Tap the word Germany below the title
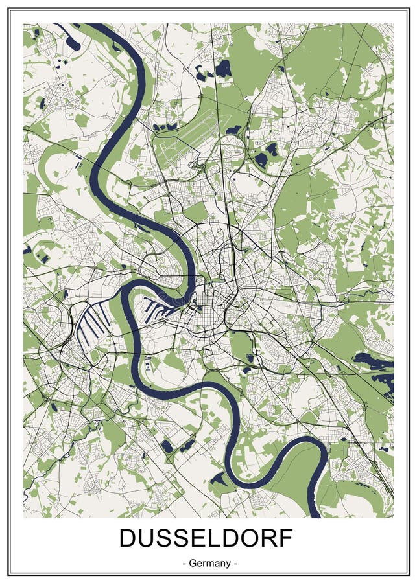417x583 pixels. coord(208,563)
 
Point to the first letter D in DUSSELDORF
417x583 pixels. coord(128,539)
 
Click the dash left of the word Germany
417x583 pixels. coord(185,563)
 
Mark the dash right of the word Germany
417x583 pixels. coord(235,563)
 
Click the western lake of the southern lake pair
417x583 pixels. coord(167,446)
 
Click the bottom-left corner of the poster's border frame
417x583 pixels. coord(9,574)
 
